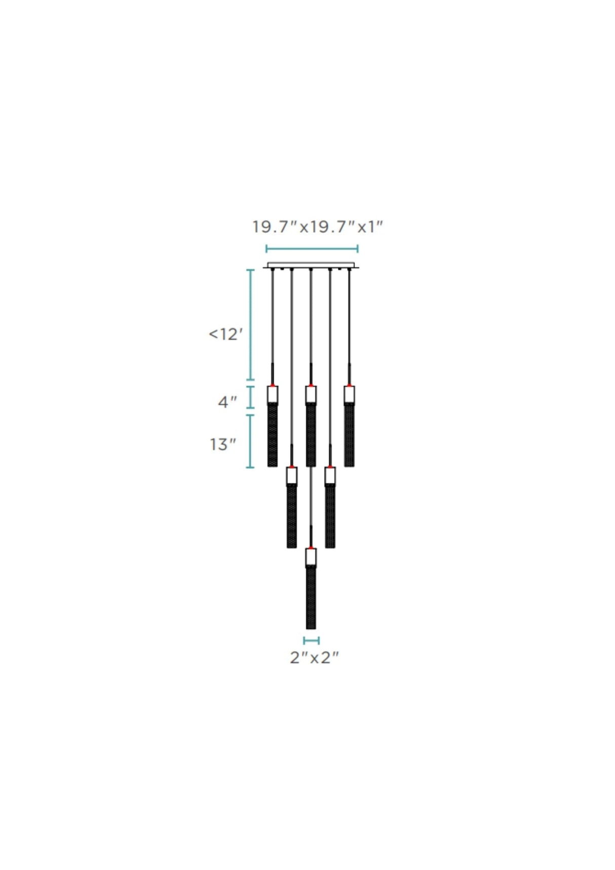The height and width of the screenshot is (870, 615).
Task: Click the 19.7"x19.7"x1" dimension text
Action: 317,226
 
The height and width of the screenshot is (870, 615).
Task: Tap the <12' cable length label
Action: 226,334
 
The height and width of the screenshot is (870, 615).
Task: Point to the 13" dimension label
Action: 223,445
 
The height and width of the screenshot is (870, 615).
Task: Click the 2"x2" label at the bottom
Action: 314,658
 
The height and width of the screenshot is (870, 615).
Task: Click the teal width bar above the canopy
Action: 312,248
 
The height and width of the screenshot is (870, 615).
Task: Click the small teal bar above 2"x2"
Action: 311,640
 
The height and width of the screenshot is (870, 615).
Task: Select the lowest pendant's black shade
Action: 311,598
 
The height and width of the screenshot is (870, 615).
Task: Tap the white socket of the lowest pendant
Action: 311,557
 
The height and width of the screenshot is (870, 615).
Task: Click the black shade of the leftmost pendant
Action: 273,436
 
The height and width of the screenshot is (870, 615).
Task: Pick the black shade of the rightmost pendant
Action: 349,436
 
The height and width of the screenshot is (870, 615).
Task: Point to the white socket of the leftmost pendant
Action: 273,395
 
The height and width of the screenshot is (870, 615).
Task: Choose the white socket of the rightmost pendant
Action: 349,395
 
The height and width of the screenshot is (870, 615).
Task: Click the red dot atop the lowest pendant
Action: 311,547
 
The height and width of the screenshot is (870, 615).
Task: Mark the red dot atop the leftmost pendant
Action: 273,386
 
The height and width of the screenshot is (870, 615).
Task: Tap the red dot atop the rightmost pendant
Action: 349,386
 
